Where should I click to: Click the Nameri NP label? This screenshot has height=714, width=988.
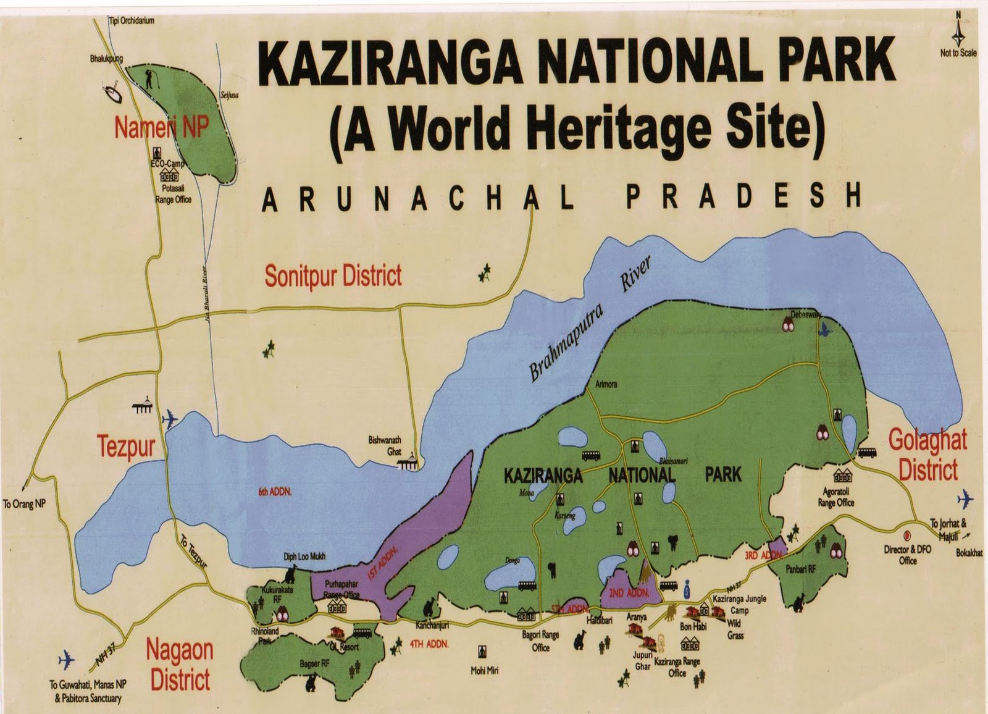[x=162, y=128]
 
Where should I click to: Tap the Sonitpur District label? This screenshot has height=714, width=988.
[x=333, y=275]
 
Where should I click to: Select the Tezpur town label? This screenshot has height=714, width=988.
[x=126, y=447]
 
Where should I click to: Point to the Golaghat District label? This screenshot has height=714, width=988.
[x=927, y=455]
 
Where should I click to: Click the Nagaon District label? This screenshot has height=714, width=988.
[x=180, y=665]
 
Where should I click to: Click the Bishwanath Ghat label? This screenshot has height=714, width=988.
[x=385, y=445]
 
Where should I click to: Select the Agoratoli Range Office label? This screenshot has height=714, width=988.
[x=835, y=497]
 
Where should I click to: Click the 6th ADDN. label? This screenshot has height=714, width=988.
[x=275, y=492]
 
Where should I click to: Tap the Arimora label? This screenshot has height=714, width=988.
[x=606, y=384]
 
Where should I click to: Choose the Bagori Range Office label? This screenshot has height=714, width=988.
[x=540, y=641]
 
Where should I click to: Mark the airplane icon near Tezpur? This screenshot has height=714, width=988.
[x=169, y=419]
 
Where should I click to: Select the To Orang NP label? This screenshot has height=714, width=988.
[x=24, y=504]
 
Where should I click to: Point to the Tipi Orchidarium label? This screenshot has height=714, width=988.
[x=132, y=20]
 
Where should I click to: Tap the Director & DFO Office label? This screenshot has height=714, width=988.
[x=907, y=555]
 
